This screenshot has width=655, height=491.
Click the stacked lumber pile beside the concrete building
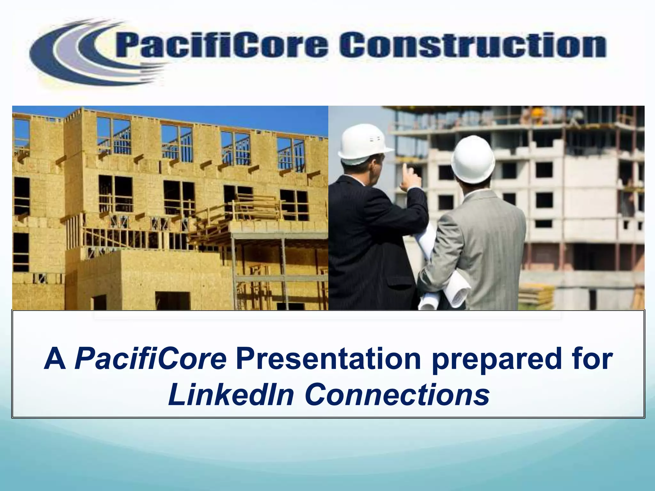tap(536, 294)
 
